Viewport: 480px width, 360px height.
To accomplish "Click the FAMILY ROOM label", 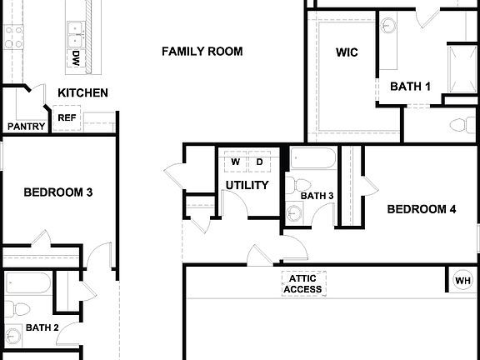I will click(202, 52).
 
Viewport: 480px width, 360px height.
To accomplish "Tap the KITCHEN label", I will click(82, 92).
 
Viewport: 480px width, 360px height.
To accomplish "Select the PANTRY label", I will click(26, 127).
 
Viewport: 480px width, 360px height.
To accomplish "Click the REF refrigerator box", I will click(67, 118).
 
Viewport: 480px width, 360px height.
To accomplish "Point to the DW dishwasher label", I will click(76, 58).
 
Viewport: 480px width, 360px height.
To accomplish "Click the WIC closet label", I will click(347, 52).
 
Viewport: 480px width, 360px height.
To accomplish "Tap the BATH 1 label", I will click(410, 86).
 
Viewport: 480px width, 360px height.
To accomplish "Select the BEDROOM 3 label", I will click(57, 192).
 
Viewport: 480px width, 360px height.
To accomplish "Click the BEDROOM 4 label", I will click(421, 209).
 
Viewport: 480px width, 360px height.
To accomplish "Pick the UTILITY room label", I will click(247, 185).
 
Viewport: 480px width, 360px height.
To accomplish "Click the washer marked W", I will click(235, 162).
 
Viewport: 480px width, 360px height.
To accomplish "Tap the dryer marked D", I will click(259, 162).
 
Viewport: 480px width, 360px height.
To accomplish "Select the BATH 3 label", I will click(317, 196).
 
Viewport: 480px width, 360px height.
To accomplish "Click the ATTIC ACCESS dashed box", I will click(302, 284).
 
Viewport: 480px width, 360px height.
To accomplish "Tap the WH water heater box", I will click(462, 280).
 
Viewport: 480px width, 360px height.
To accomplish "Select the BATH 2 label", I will click(41, 328).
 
